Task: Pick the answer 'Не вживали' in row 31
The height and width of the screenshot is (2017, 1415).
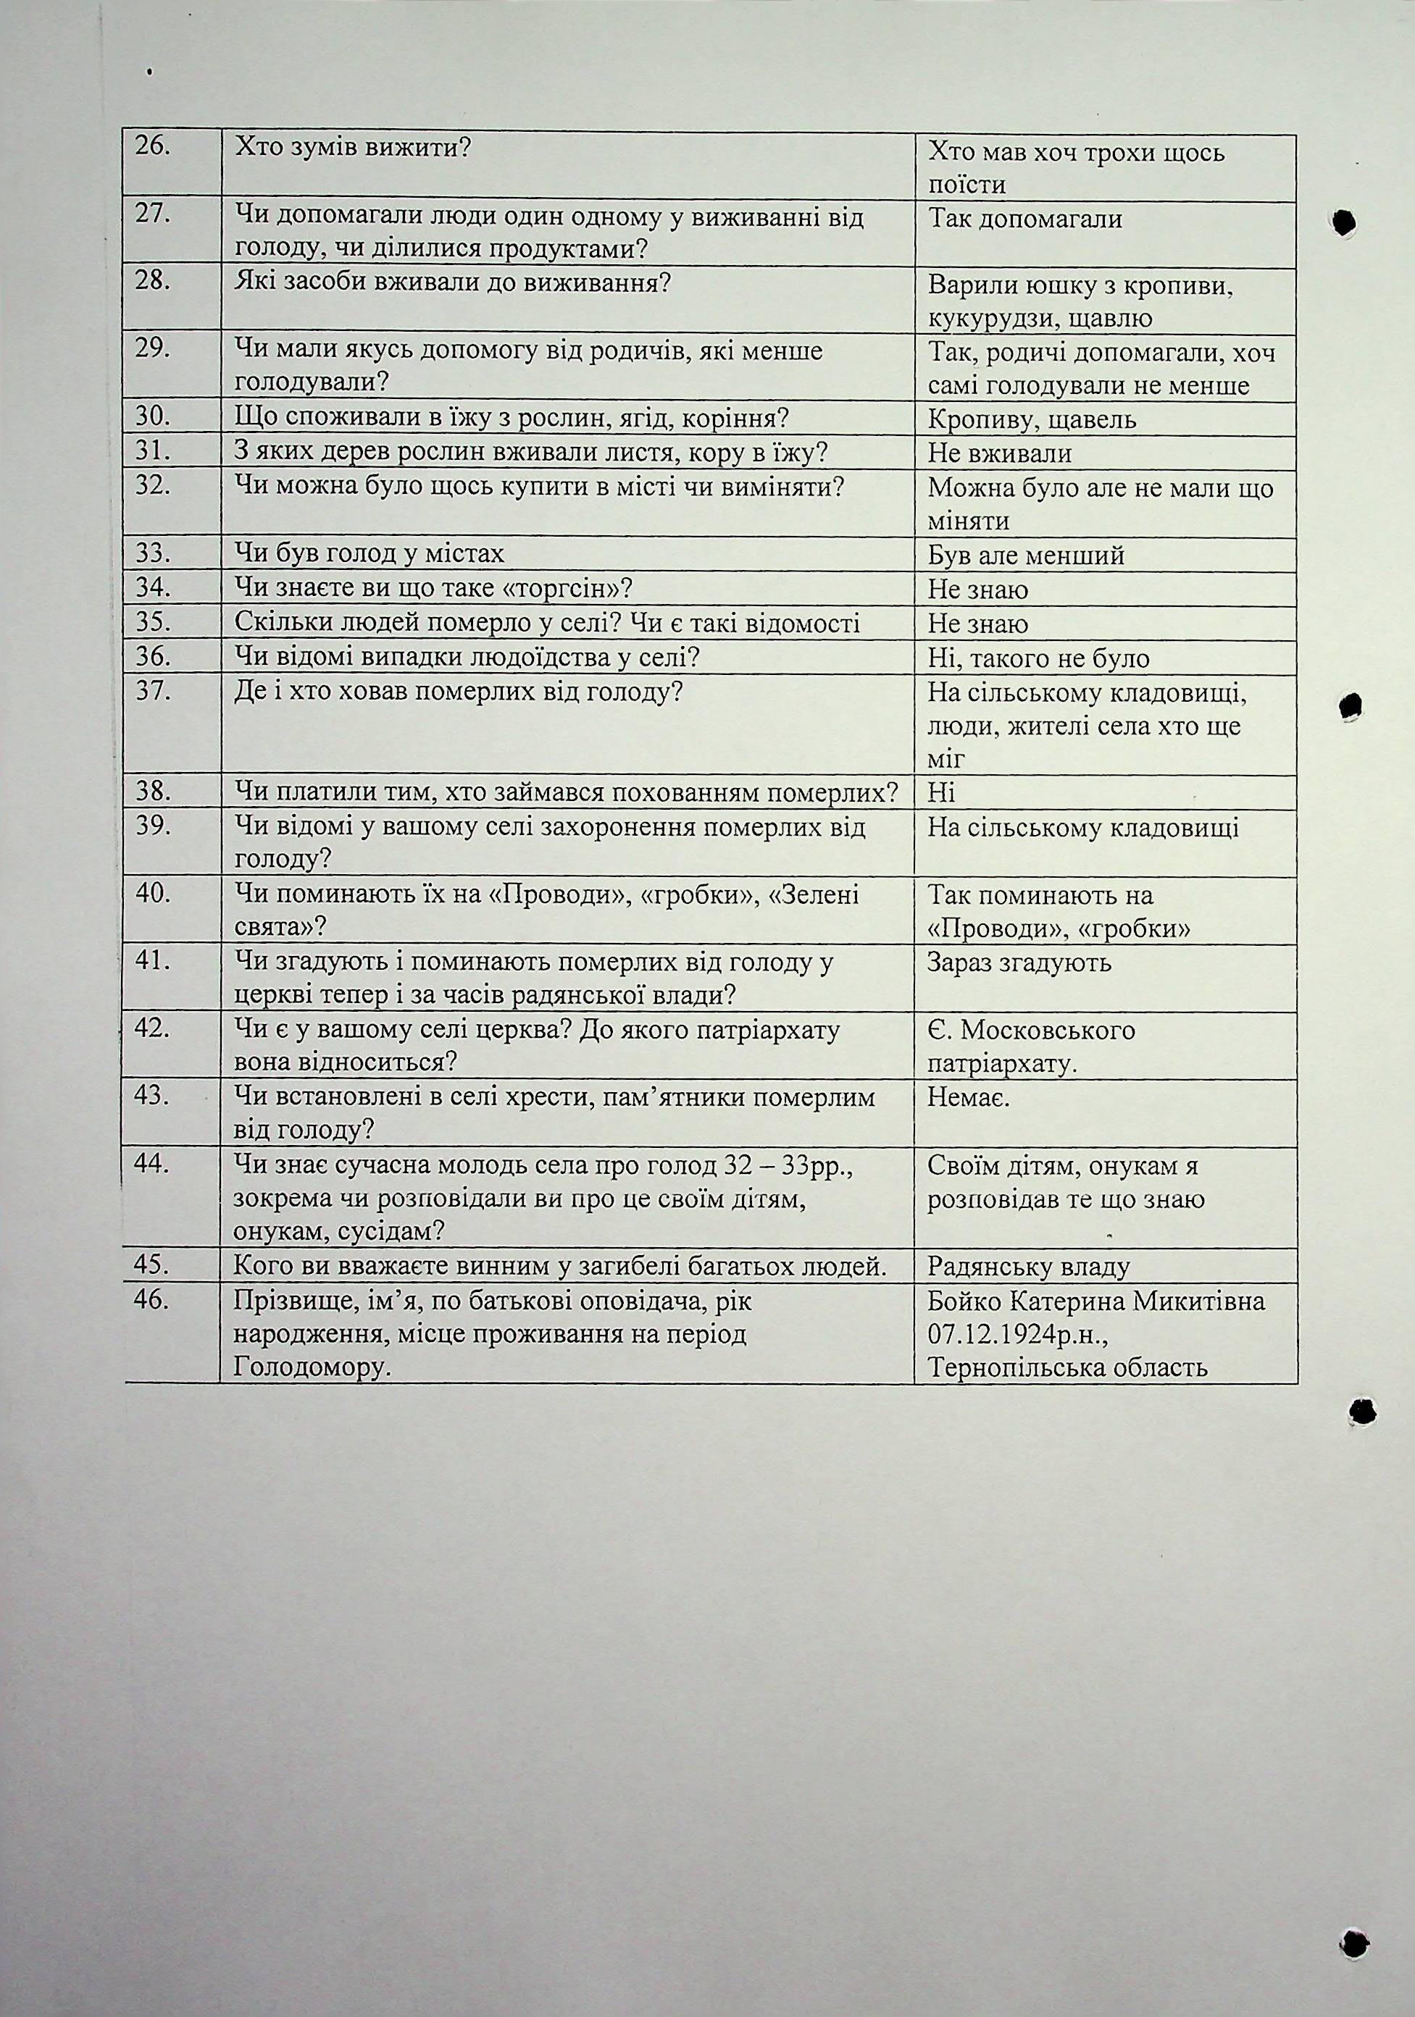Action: (999, 453)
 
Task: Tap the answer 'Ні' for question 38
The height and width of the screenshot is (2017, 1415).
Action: (940, 792)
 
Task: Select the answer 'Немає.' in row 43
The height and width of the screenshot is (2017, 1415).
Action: (969, 1096)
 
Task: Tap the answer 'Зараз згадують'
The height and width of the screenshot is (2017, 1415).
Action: (1019, 962)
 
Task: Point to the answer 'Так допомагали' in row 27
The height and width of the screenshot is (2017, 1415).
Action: (1024, 218)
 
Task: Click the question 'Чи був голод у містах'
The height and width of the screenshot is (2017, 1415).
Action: (369, 553)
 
